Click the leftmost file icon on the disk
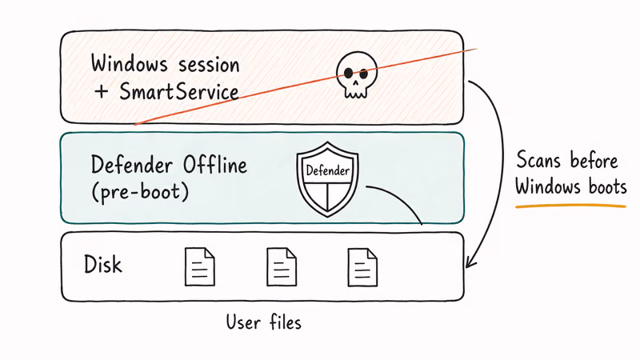click(199, 266)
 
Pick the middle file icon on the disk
click(281, 266)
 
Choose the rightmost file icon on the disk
click(362, 266)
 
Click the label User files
click(263, 322)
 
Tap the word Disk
click(102, 264)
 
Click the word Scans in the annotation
click(541, 160)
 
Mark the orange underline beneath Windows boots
click(570, 206)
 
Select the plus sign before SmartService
click(101, 92)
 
